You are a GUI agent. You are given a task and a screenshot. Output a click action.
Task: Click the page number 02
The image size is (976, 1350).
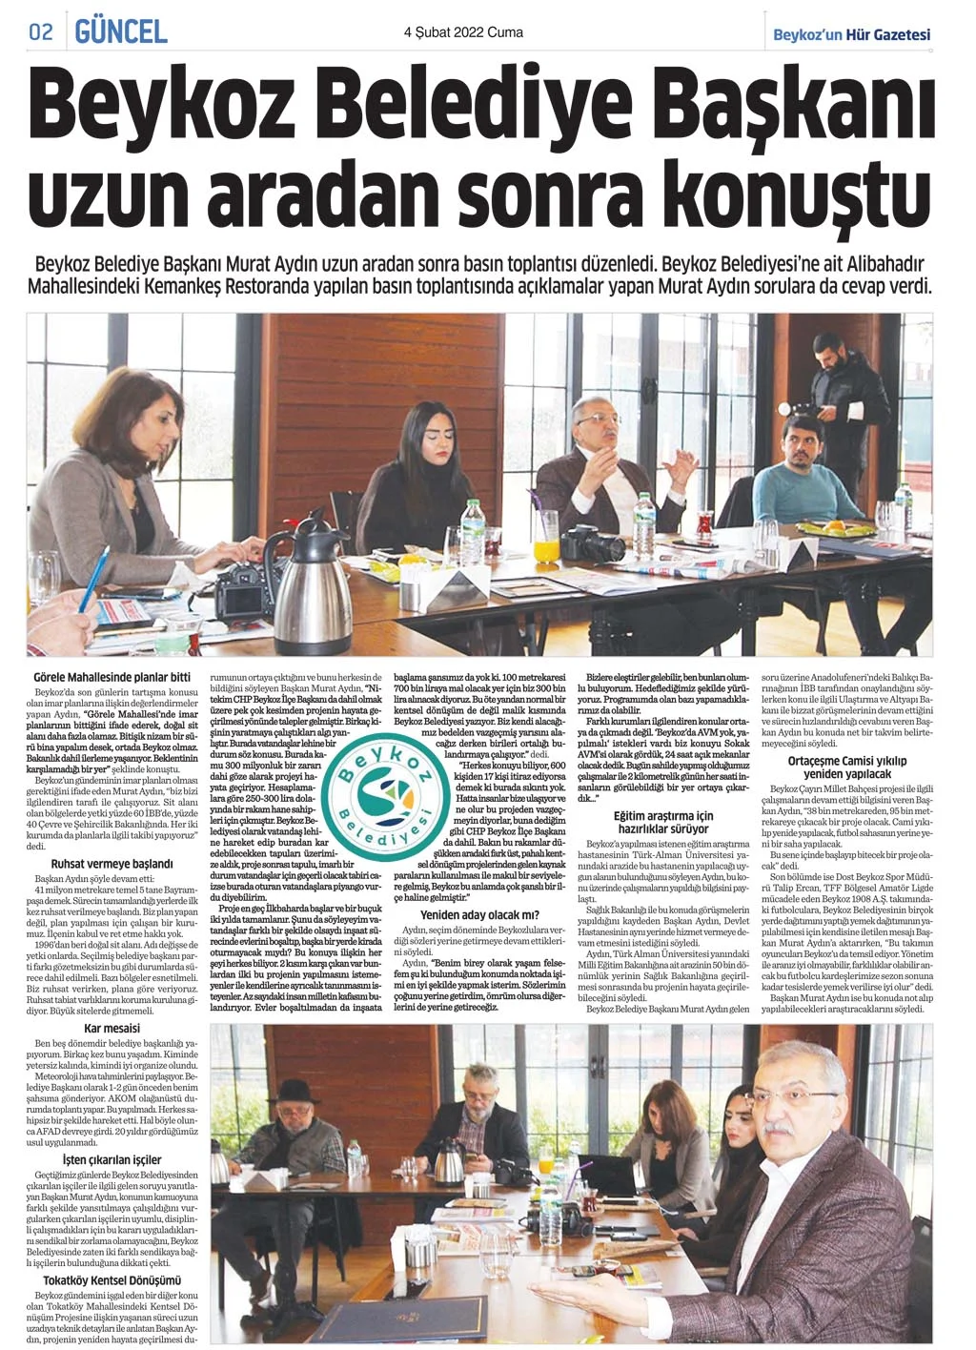coord(40,31)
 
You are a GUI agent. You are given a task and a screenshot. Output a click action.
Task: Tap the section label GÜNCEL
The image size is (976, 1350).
coord(121,31)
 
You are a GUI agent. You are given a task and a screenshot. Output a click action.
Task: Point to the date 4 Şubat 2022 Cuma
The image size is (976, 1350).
coord(463,32)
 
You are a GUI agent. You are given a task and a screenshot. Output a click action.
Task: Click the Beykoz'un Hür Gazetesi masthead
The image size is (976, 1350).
coord(851,34)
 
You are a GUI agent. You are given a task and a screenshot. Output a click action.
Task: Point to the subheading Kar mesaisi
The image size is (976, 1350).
coord(112,1029)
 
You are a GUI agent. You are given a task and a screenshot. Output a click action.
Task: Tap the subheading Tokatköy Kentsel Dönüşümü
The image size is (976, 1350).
coord(112,1280)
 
